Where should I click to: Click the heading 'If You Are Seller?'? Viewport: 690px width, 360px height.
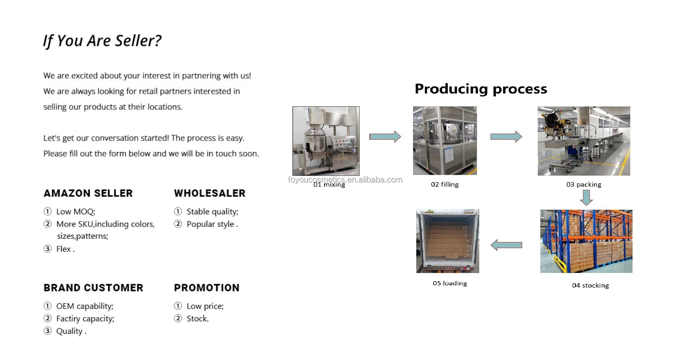click(x=102, y=41)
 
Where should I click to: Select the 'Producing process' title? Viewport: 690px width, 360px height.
click(x=481, y=89)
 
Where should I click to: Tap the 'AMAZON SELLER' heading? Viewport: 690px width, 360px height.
click(x=88, y=193)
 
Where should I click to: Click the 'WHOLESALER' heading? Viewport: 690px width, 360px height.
click(x=209, y=193)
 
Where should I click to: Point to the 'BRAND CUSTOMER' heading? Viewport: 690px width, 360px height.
click(x=93, y=288)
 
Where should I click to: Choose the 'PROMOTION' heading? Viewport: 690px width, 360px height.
click(x=207, y=288)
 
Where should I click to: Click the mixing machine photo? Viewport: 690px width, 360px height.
click(x=326, y=141)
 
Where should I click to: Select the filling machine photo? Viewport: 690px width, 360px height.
click(x=445, y=141)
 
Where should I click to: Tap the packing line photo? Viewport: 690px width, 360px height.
click(x=583, y=141)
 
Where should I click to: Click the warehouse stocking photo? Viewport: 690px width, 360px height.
click(x=586, y=241)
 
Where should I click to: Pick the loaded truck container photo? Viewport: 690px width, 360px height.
click(x=447, y=241)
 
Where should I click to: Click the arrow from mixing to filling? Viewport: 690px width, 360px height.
click(x=385, y=137)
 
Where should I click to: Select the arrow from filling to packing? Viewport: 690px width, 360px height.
click(x=506, y=137)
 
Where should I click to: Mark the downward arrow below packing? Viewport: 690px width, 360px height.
click(x=586, y=197)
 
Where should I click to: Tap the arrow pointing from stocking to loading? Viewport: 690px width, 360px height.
click(x=506, y=245)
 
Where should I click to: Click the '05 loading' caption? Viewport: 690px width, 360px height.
click(x=450, y=283)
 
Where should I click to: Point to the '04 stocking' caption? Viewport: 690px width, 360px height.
click(x=590, y=285)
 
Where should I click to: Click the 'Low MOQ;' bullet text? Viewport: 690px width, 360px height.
click(x=76, y=212)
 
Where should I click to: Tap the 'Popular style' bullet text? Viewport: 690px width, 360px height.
click(x=210, y=224)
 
